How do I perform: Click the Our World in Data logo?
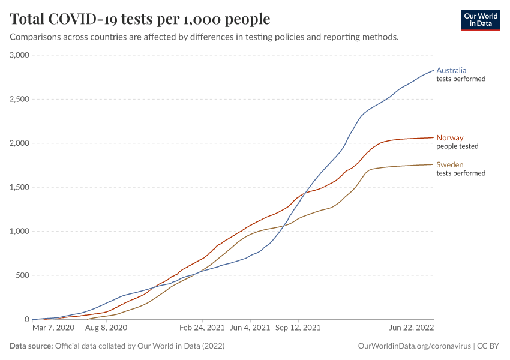coord(480,20)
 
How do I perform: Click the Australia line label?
coord(451,70)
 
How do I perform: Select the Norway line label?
coord(450,138)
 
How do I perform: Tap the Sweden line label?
coord(450,165)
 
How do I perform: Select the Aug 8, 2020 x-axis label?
coord(106,328)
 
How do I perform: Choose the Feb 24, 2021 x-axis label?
coord(203,328)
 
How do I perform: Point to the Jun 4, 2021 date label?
coord(250,328)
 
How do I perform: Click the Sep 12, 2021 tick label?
coord(298,328)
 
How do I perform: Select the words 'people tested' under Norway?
coord(457,146)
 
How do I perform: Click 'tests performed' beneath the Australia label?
coord(461,79)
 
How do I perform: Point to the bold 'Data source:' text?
coord(31,346)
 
